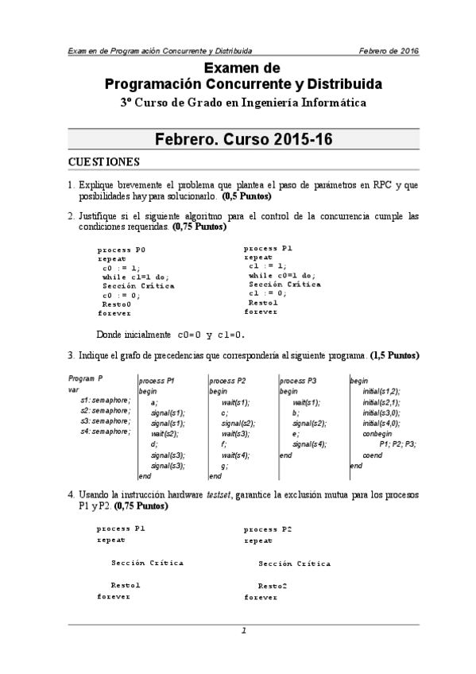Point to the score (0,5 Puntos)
[246, 196]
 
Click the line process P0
[121, 250]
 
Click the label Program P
[86, 379]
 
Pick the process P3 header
[299, 381]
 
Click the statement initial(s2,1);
[381, 403]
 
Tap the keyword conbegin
[377, 434]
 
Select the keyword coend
[372, 455]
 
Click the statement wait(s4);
[235, 455]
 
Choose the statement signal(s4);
[308, 444]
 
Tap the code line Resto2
[273, 586]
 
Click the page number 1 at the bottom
[244, 630]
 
